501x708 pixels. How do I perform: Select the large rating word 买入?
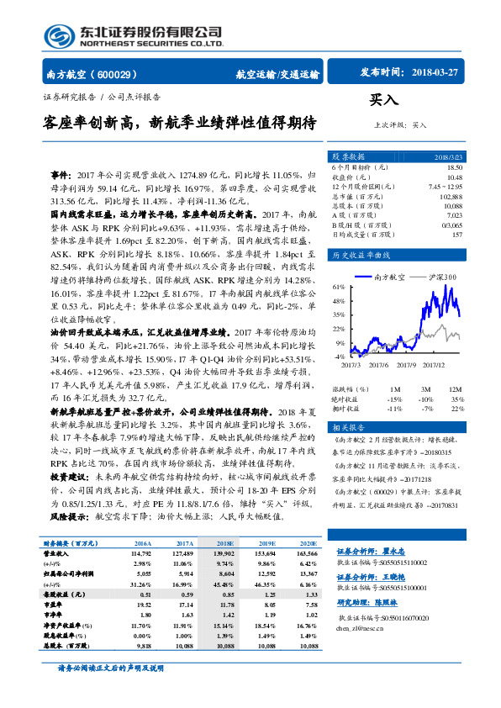(383, 99)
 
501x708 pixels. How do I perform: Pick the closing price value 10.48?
(454, 177)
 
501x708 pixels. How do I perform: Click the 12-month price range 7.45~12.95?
(445, 186)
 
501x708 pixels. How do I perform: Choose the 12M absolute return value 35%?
(457, 399)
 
